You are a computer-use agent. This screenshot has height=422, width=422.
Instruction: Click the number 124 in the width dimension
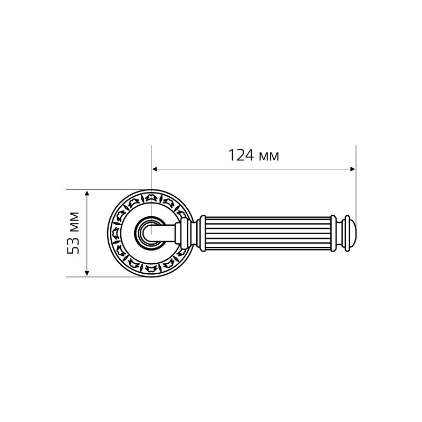point(241,156)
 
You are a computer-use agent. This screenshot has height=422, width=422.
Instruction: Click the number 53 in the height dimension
point(73,246)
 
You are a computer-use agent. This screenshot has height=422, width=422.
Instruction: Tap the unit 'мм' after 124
point(269,157)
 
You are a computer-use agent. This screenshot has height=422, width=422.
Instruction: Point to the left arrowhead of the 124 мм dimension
point(155,169)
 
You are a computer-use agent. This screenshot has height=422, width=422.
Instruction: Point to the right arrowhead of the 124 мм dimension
point(352,169)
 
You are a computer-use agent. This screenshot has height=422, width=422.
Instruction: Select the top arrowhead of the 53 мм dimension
point(87,193)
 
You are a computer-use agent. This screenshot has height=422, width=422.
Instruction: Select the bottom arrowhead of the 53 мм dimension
point(87,273)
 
